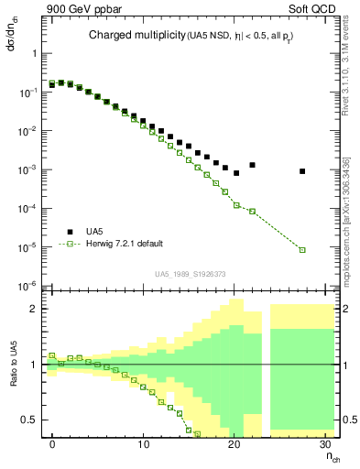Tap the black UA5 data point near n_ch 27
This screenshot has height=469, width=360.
coord(302,171)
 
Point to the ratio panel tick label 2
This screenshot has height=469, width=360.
coord(33,309)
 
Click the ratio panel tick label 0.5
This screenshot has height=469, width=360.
coord(30,420)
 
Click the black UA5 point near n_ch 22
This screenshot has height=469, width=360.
coord(252,165)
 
